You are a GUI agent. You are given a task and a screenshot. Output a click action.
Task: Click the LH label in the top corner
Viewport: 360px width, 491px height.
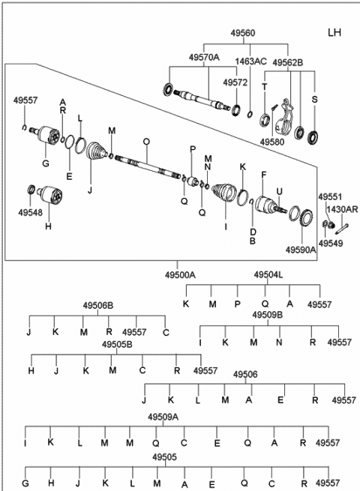click(x=334, y=32)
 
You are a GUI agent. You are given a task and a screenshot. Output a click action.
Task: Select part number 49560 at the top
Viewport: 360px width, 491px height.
click(x=243, y=33)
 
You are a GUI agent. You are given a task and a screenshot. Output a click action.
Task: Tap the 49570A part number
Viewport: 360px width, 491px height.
click(x=204, y=57)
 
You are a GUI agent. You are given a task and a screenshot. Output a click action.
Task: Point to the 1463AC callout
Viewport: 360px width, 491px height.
click(x=251, y=61)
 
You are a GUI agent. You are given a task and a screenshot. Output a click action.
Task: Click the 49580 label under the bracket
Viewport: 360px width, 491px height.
click(x=272, y=142)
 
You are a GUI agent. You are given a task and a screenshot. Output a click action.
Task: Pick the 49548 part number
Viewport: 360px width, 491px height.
click(x=31, y=212)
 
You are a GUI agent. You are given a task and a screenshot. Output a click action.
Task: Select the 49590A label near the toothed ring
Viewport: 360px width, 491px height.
click(x=301, y=250)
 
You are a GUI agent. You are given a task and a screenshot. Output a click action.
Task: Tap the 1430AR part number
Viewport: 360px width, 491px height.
click(x=342, y=209)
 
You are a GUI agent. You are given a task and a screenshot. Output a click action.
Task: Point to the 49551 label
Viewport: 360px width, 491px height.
click(x=330, y=197)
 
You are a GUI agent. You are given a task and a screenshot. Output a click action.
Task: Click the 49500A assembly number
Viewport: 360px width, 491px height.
click(x=180, y=275)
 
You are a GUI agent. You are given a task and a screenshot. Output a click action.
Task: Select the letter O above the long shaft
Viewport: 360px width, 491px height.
click(x=146, y=142)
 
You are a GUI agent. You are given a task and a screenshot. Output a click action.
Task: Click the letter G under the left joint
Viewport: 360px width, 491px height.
click(x=46, y=163)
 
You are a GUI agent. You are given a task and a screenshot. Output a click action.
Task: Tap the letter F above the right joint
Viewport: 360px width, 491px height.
click(x=263, y=175)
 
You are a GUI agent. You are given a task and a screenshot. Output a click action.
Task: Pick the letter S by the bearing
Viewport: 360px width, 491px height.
click(x=314, y=99)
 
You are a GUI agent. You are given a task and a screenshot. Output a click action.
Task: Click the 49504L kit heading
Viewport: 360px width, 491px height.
click(x=268, y=274)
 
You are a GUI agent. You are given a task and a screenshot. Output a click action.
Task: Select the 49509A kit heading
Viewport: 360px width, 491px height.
click(x=163, y=417)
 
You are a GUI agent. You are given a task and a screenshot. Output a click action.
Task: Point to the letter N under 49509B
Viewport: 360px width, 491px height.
click(x=279, y=343)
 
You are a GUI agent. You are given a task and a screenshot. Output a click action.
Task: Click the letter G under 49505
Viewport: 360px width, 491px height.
click(x=25, y=483)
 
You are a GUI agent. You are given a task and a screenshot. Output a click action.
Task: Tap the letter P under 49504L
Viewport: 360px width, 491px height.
click(x=238, y=304)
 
